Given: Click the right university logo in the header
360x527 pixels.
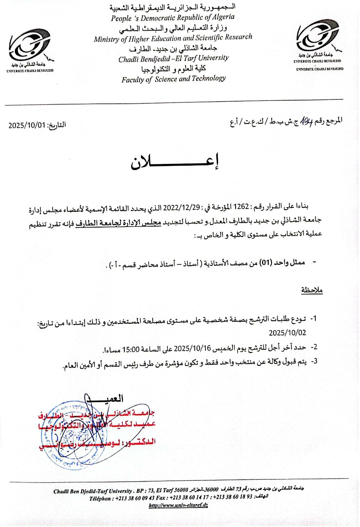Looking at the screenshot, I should (318, 36).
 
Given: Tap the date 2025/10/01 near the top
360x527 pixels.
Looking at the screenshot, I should (27, 125).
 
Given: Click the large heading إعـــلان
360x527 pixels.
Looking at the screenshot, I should (175, 163).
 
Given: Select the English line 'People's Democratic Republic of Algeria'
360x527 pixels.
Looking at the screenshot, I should (172, 18).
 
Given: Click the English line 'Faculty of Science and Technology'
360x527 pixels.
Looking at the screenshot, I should (174, 79).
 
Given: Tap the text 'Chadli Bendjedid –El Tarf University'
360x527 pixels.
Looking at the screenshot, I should (174, 58).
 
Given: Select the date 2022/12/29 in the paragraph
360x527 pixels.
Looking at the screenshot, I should (181, 207).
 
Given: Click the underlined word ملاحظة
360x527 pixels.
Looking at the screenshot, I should (312, 290).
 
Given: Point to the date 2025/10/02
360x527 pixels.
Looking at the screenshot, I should (287, 333).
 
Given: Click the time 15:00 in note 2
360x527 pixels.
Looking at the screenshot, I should (131, 349).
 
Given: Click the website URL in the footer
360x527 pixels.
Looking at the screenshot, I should (178, 505).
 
